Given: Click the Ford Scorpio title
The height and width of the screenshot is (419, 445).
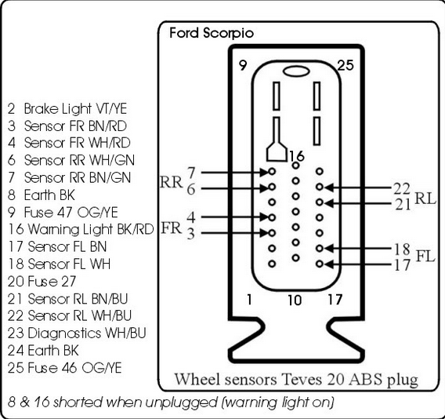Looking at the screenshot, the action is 212,33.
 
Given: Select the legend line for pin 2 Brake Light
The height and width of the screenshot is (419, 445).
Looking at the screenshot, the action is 67,108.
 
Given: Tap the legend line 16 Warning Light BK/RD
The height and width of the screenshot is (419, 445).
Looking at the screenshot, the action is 81,229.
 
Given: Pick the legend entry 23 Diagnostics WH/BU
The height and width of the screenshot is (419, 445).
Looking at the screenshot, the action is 77,333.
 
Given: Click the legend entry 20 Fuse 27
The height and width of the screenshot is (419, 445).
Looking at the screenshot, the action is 42,282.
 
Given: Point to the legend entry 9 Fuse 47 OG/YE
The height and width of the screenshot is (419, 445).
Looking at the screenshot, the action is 63,213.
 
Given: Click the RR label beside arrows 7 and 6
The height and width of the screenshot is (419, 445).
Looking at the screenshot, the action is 171,182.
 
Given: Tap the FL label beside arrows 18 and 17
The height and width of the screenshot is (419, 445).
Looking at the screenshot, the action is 425,256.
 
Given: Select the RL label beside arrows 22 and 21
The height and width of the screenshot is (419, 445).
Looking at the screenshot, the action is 425,199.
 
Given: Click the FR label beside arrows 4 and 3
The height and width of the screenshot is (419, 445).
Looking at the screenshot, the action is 171,228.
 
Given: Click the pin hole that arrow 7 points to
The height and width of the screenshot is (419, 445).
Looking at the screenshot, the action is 272,171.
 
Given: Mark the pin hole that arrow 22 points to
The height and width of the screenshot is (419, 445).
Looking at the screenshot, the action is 320,187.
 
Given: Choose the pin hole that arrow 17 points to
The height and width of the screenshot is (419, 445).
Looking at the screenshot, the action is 320,264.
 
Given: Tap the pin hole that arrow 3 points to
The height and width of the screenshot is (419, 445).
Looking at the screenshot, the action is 272,233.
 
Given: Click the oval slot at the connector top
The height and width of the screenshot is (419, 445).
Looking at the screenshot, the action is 296,71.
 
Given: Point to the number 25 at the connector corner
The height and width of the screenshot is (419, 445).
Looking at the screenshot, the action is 346,65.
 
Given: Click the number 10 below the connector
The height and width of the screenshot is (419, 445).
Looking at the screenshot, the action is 295,300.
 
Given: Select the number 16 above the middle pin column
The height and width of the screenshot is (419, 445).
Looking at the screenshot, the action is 297,156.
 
